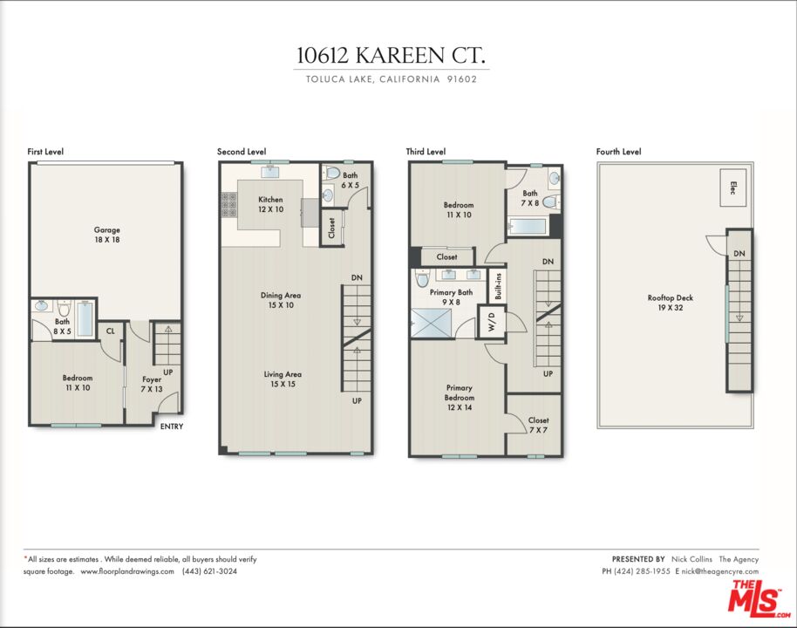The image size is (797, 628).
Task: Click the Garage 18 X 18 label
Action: pyautogui.click(x=106, y=235)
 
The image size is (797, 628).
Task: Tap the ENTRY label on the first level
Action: pyautogui.click(x=171, y=427)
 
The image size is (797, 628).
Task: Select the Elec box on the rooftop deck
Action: pyautogui.click(x=732, y=188)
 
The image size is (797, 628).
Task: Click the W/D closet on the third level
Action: pyautogui.click(x=492, y=321)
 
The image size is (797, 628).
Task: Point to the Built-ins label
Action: pyautogui.click(x=498, y=286)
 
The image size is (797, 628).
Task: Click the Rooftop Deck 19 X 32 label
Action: pyautogui.click(x=670, y=303)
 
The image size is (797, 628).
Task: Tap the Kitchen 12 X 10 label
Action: pyautogui.click(x=270, y=204)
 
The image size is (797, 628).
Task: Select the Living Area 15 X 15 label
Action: pyautogui.click(x=283, y=379)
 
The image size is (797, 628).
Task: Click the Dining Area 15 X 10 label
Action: pyautogui.click(x=281, y=300)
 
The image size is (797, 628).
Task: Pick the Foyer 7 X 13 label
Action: pyautogui.click(x=152, y=384)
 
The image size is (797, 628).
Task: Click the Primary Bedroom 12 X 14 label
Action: pyautogui.click(x=459, y=397)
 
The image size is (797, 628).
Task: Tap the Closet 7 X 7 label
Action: pyautogui.click(x=538, y=425)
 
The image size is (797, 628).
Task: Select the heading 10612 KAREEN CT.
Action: pyautogui.click(x=392, y=56)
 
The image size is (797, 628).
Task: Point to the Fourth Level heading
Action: pyautogui.click(x=618, y=152)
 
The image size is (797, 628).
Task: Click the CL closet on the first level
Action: pyautogui.click(x=110, y=331)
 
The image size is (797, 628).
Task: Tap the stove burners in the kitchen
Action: pyautogui.click(x=228, y=204)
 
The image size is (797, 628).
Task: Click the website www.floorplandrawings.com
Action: pyautogui.click(x=127, y=571)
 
